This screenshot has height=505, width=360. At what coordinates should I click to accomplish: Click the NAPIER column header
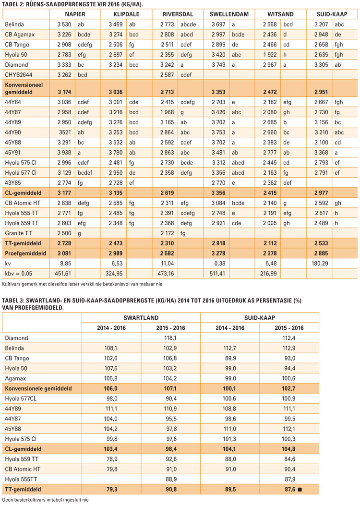75,14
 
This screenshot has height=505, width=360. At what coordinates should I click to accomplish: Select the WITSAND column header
280,14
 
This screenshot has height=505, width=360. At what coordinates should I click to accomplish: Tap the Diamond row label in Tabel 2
16,65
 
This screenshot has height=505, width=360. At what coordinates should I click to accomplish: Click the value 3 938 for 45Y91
64,153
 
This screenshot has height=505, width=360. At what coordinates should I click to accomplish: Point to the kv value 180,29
320,264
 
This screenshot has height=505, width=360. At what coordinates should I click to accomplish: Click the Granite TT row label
18,233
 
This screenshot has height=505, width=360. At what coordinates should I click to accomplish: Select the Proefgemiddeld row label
25,253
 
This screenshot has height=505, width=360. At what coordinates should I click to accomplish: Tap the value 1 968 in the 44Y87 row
167,112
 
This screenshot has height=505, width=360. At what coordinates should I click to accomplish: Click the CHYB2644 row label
18,75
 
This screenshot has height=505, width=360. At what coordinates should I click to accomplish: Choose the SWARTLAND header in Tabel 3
141,318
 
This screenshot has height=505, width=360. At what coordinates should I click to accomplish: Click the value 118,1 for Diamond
171,338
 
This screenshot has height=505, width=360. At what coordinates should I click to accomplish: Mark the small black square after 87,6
300,490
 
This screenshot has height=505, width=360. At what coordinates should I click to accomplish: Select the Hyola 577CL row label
21,399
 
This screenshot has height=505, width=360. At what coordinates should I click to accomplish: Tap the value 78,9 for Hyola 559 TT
112,459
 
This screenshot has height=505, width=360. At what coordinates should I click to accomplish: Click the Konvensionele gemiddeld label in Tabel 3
38,388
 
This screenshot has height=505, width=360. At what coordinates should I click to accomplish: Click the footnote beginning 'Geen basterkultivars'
45,500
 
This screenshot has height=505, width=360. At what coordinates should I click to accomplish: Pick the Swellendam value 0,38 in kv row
220,264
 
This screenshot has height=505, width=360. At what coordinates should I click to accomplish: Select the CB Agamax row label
20,35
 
